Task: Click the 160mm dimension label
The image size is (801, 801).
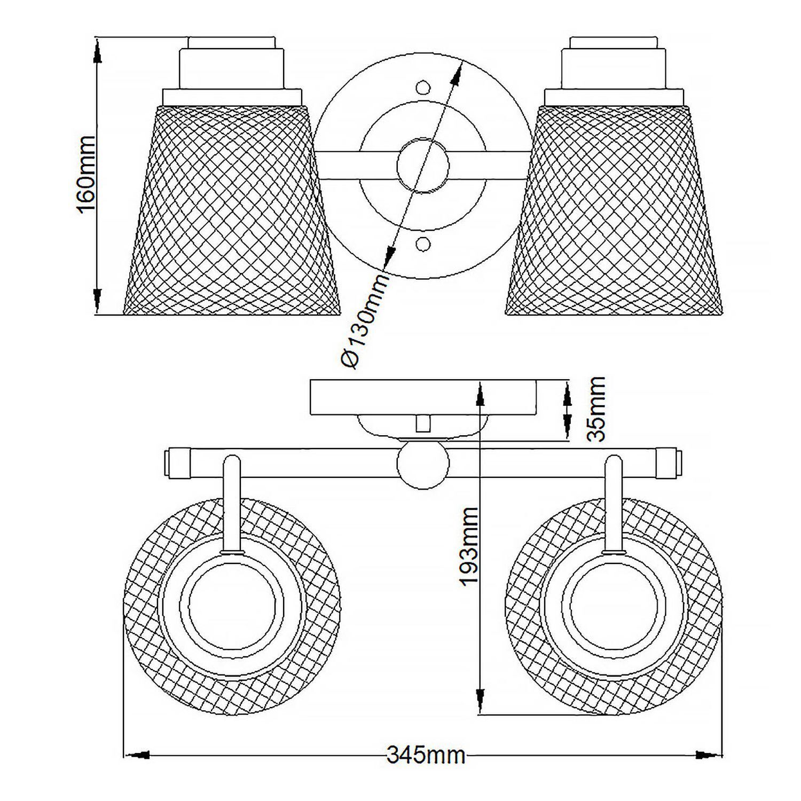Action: click(87, 175)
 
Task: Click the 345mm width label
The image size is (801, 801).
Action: click(425, 755)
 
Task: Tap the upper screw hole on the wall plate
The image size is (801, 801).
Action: click(423, 87)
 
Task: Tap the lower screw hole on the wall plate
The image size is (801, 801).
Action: click(423, 244)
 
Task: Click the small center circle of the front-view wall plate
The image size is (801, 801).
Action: click(423, 166)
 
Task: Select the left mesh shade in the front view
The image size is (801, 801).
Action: click(231, 214)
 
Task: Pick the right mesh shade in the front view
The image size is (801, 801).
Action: click(614, 214)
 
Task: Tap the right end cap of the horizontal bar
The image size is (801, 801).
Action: click(667, 462)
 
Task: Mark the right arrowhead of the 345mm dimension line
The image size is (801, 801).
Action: click(709, 755)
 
